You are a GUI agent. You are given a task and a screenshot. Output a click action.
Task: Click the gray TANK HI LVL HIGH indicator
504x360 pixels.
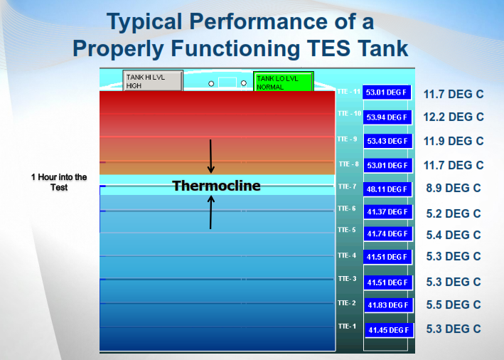coord(153,80)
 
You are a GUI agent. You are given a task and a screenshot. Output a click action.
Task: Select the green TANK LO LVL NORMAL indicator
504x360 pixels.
coord(283,82)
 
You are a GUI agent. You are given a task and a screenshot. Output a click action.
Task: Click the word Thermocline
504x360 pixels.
coord(216,186)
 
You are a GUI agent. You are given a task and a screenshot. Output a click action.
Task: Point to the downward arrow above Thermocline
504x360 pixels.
coord(211,157)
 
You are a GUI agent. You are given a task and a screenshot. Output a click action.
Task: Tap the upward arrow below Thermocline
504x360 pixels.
coord(211,212)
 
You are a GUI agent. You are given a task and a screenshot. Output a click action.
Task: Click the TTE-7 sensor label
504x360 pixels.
coord(347,186)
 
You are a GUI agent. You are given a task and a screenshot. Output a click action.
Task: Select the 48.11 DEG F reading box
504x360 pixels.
coord(387,189)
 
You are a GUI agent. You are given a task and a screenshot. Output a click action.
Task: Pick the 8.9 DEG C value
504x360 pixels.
coord(454,189)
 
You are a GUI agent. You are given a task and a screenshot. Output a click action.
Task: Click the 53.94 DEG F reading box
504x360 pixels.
coord(387,117)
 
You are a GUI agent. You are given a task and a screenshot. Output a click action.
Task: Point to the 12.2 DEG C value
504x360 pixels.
coord(454,117)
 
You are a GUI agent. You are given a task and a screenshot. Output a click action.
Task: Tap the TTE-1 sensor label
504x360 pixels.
coord(347,327)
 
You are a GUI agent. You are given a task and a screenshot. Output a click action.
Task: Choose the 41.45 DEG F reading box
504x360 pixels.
coord(389,330)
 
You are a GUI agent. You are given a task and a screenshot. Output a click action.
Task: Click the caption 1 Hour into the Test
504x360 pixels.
coord(59,182)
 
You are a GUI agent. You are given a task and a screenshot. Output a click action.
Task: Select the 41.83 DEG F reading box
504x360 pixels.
coord(388,305)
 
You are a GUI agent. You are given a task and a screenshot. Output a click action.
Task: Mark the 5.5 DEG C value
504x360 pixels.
coord(454,305)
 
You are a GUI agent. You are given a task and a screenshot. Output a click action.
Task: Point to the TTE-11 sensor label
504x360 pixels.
coord(349,92)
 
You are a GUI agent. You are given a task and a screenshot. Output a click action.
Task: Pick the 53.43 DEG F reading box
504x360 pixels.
coord(387,141)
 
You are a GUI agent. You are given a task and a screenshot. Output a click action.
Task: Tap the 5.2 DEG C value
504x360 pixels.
coord(454,213)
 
